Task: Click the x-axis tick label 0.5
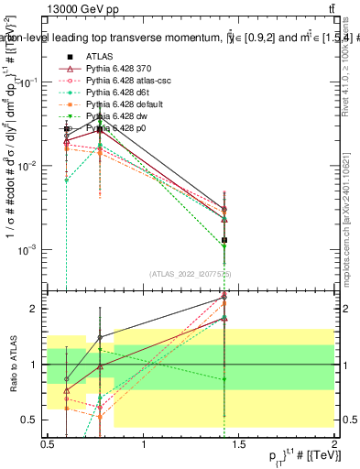(48, 443)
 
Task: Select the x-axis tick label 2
(335, 443)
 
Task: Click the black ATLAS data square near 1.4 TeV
(224, 240)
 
